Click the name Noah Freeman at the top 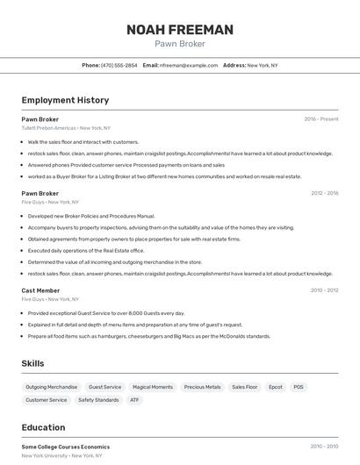click(179, 30)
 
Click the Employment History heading click(65, 100)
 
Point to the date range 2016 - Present click(320, 119)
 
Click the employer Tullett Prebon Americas click(49, 128)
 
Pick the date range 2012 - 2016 click(324, 193)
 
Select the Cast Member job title click(40, 290)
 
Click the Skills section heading click(33, 363)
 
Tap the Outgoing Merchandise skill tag click(52, 387)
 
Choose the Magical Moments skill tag click(152, 387)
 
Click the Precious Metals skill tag click(202, 387)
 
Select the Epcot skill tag click(276, 387)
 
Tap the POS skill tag click(299, 387)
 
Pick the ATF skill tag click(134, 400)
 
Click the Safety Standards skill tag click(98, 400)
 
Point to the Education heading click(43, 427)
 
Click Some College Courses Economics click(66, 447)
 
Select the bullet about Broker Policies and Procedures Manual click(91, 216)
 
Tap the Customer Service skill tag click(46, 400)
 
